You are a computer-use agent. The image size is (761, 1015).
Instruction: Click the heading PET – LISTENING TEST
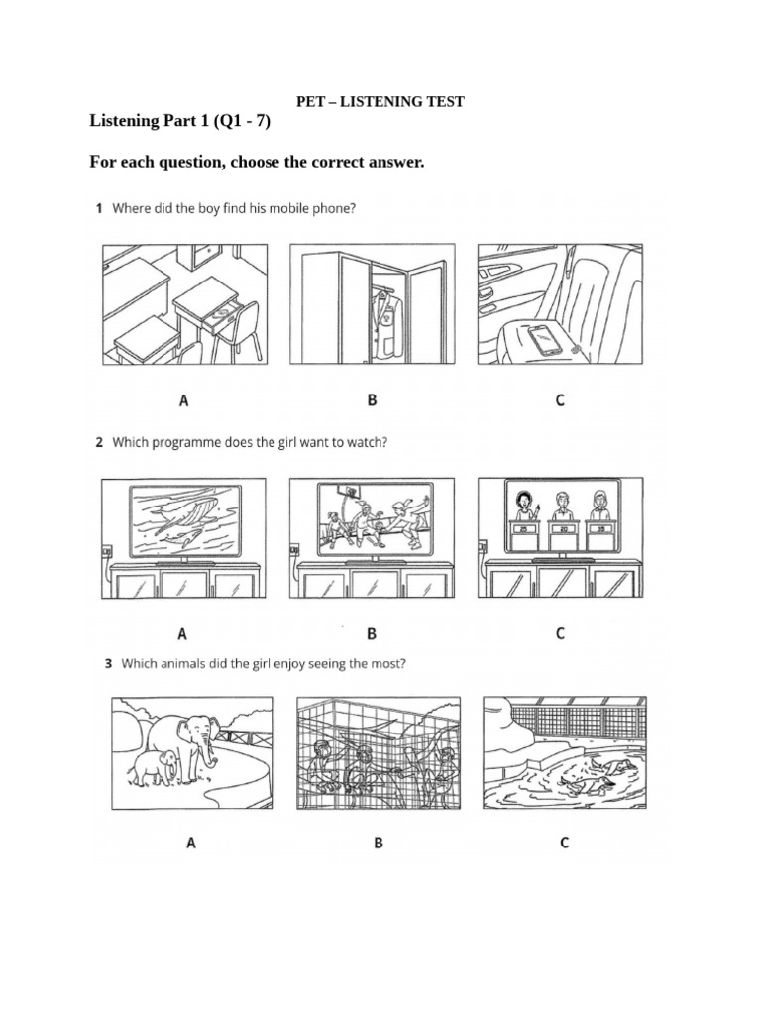pyautogui.click(x=380, y=102)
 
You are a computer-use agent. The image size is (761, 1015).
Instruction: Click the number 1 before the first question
pyautogui.click(x=99, y=209)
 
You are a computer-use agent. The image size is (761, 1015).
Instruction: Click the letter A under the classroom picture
pyautogui.click(x=183, y=401)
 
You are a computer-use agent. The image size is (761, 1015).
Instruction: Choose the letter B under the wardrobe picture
pyautogui.click(x=372, y=401)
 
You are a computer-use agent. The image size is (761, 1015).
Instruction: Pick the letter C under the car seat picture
pyautogui.click(x=560, y=401)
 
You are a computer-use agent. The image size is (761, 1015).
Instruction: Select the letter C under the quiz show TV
pyautogui.click(x=560, y=633)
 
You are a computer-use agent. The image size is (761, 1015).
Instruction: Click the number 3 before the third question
pyautogui.click(x=108, y=665)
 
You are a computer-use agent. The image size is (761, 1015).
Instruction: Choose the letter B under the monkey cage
pyautogui.click(x=377, y=844)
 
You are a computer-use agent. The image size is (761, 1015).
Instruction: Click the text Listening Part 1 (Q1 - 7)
pyautogui.click(x=179, y=122)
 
